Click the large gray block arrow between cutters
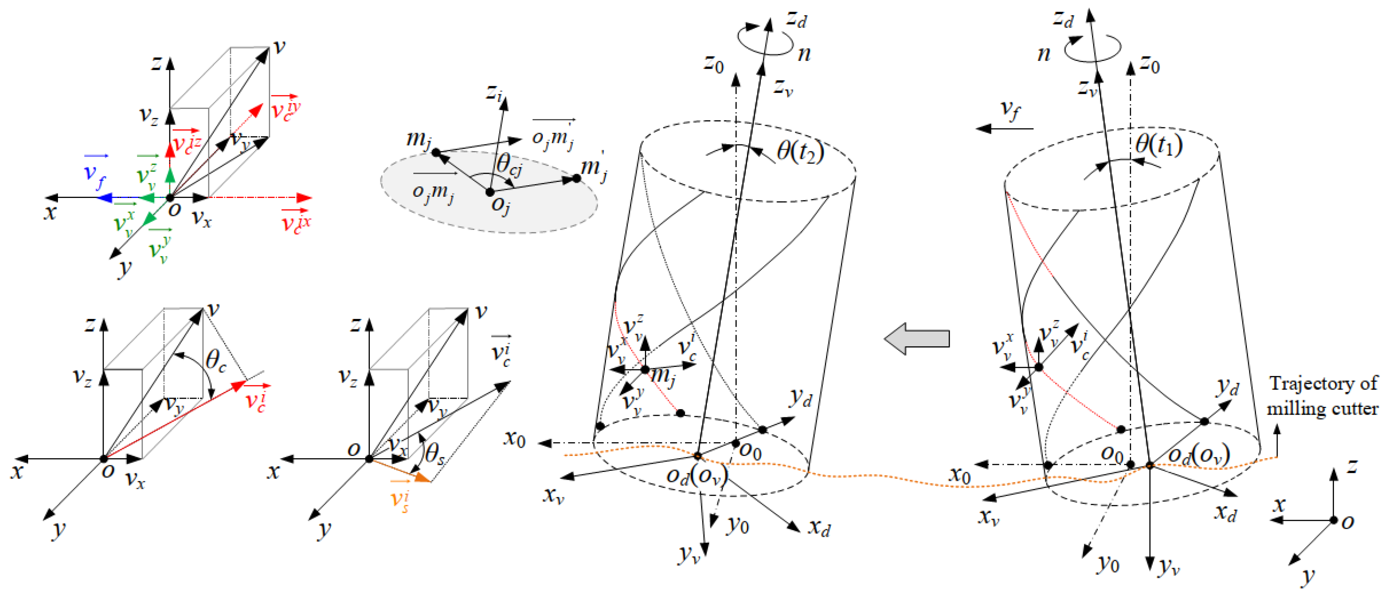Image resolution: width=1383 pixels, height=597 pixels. tap(917, 339)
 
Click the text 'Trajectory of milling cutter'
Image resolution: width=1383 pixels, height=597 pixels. tap(1322, 396)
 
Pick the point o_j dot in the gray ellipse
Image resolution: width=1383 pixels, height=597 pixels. tap(490, 192)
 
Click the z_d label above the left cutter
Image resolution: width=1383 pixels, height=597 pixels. tap(797, 19)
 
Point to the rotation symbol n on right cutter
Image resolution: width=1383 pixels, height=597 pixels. tap(1043, 54)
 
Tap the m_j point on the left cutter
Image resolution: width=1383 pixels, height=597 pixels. tap(645, 369)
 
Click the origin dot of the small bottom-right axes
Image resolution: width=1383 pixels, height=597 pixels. tap(1334, 520)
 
